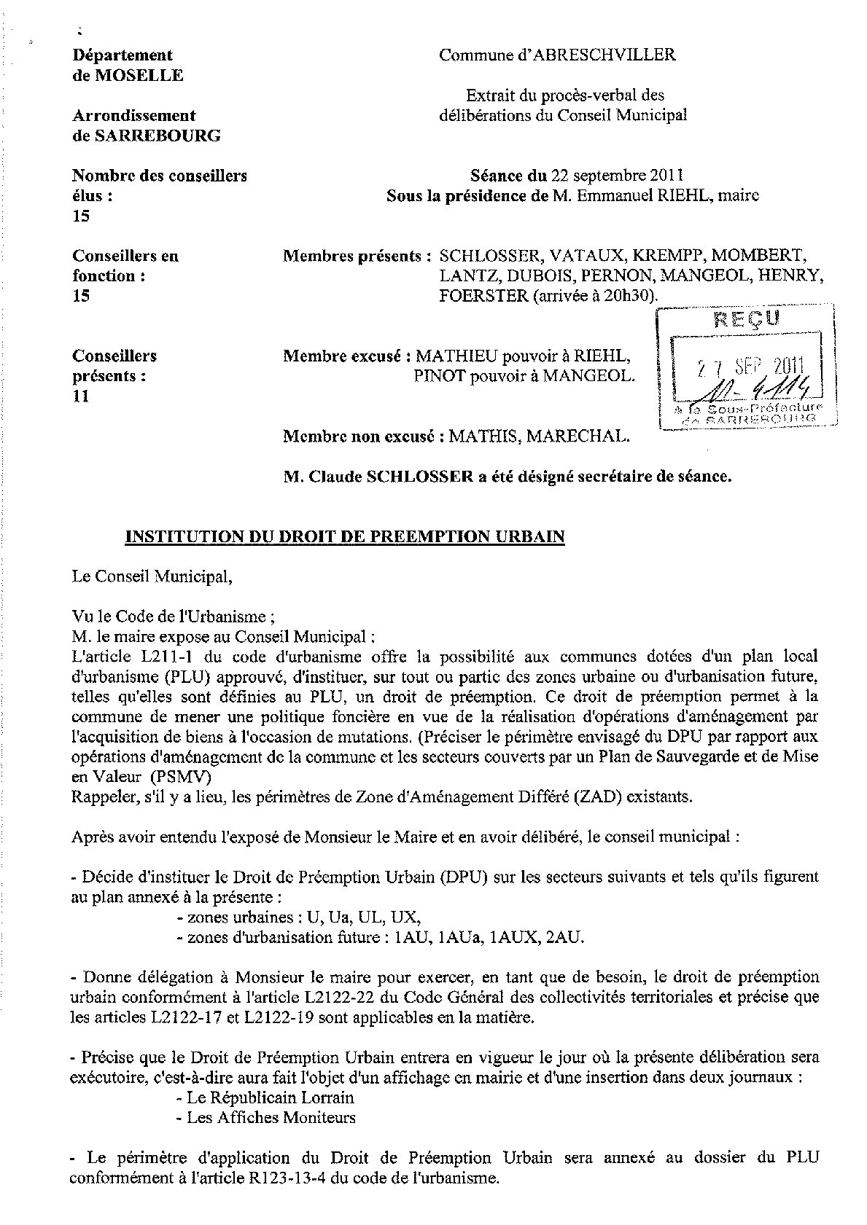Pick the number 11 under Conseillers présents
[80, 396]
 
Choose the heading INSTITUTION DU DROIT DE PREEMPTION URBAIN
[346, 537]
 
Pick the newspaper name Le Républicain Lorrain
[271, 1097]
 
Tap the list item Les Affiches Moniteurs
[271, 1117]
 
